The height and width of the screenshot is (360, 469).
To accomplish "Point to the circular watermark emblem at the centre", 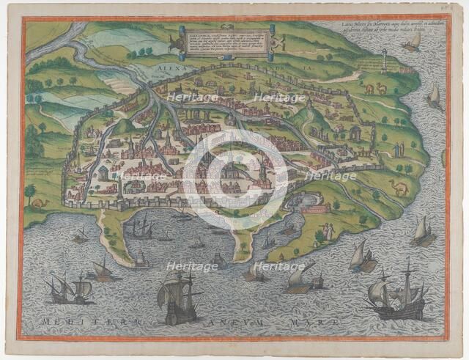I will click(x=235, y=176).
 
